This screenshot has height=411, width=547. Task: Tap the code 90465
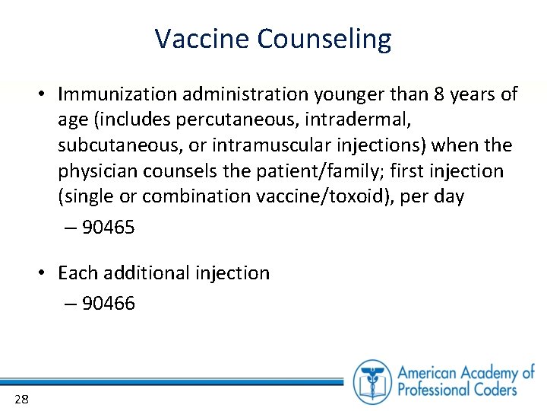[108, 227]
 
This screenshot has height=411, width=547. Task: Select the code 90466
[108, 304]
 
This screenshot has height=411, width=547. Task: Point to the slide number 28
[21, 399]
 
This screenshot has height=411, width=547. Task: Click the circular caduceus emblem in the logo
[372, 380]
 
